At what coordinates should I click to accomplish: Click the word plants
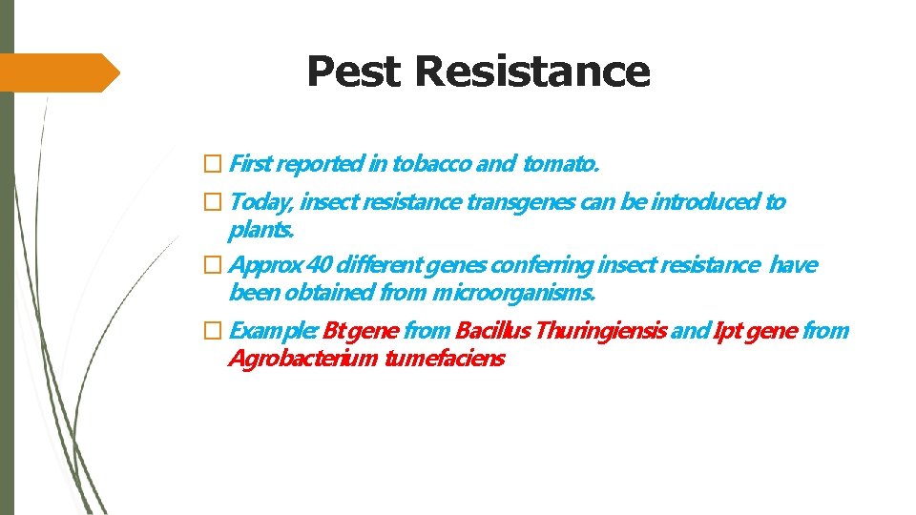coord(261,231)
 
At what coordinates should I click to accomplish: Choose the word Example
coord(273,332)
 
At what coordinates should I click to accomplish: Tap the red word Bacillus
coord(494,332)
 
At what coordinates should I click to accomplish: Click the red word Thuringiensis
coord(602,332)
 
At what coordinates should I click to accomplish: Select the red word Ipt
coord(724,332)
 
